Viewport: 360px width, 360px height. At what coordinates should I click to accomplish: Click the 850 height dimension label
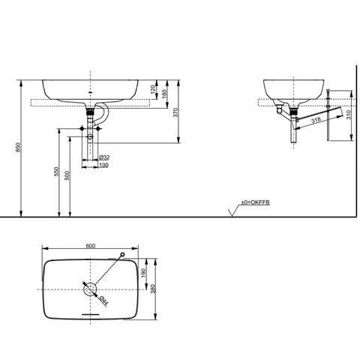pyautogui.click(x=17, y=147)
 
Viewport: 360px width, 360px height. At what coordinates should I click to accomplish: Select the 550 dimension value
pyautogui.click(x=57, y=172)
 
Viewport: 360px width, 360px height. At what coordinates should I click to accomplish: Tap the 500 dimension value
pyautogui.click(x=67, y=175)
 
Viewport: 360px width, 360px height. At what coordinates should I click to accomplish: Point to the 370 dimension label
pyautogui.click(x=175, y=112)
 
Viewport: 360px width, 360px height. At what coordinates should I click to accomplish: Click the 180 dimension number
pyautogui.click(x=164, y=94)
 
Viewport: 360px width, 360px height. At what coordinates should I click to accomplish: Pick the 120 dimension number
pyautogui.click(x=154, y=89)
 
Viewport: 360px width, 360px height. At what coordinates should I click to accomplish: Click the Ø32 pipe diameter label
pyautogui.click(x=104, y=157)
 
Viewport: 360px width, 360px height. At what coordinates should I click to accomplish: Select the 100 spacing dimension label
pyautogui.click(x=104, y=165)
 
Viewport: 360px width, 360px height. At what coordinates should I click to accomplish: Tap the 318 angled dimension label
pyautogui.click(x=316, y=119)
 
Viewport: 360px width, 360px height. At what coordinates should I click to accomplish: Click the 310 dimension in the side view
pyautogui.click(x=349, y=115)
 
